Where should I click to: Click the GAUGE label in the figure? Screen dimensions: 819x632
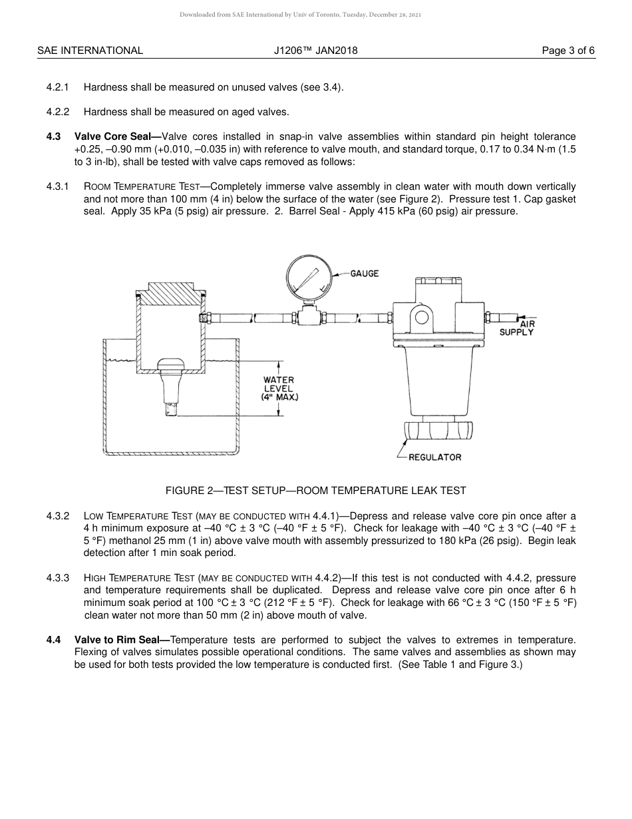coord(365,274)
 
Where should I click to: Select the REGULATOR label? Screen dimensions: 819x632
coord(434,457)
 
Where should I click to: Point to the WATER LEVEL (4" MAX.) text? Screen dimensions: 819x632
coord(279,388)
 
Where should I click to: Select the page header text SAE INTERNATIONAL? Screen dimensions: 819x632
coord(90,51)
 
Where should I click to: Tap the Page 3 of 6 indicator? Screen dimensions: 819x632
coord(568,51)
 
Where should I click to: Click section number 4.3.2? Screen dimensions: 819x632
coord(58,516)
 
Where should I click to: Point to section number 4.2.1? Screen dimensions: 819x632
coord(58,87)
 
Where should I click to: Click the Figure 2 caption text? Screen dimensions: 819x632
coord(315,491)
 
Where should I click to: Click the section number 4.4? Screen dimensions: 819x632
coord(53,640)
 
